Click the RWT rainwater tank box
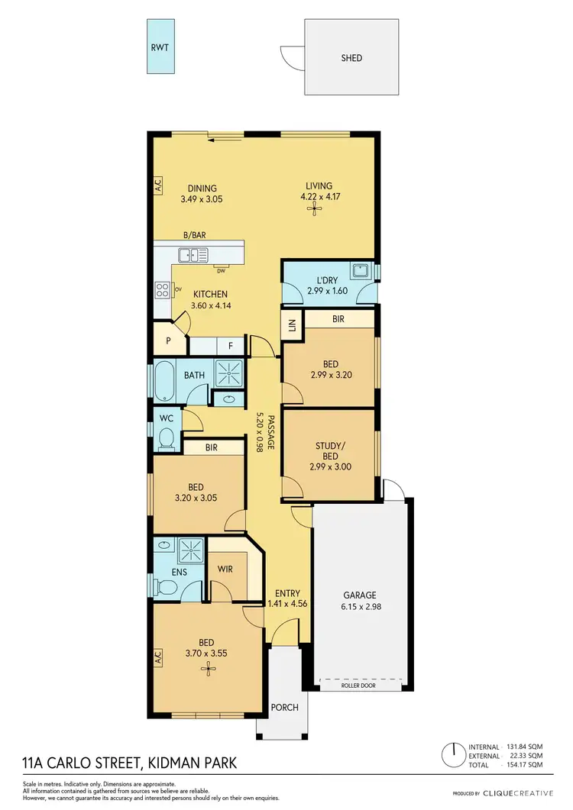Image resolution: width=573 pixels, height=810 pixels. click(x=160, y=46)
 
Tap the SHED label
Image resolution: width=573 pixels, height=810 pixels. click(x=351, y=58)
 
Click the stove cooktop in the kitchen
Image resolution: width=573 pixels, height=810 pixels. click(x=163, y=289)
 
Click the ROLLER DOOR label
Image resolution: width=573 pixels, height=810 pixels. click(x=359, y=686)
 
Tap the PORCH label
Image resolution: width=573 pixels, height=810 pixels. click(x=284, y=708)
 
